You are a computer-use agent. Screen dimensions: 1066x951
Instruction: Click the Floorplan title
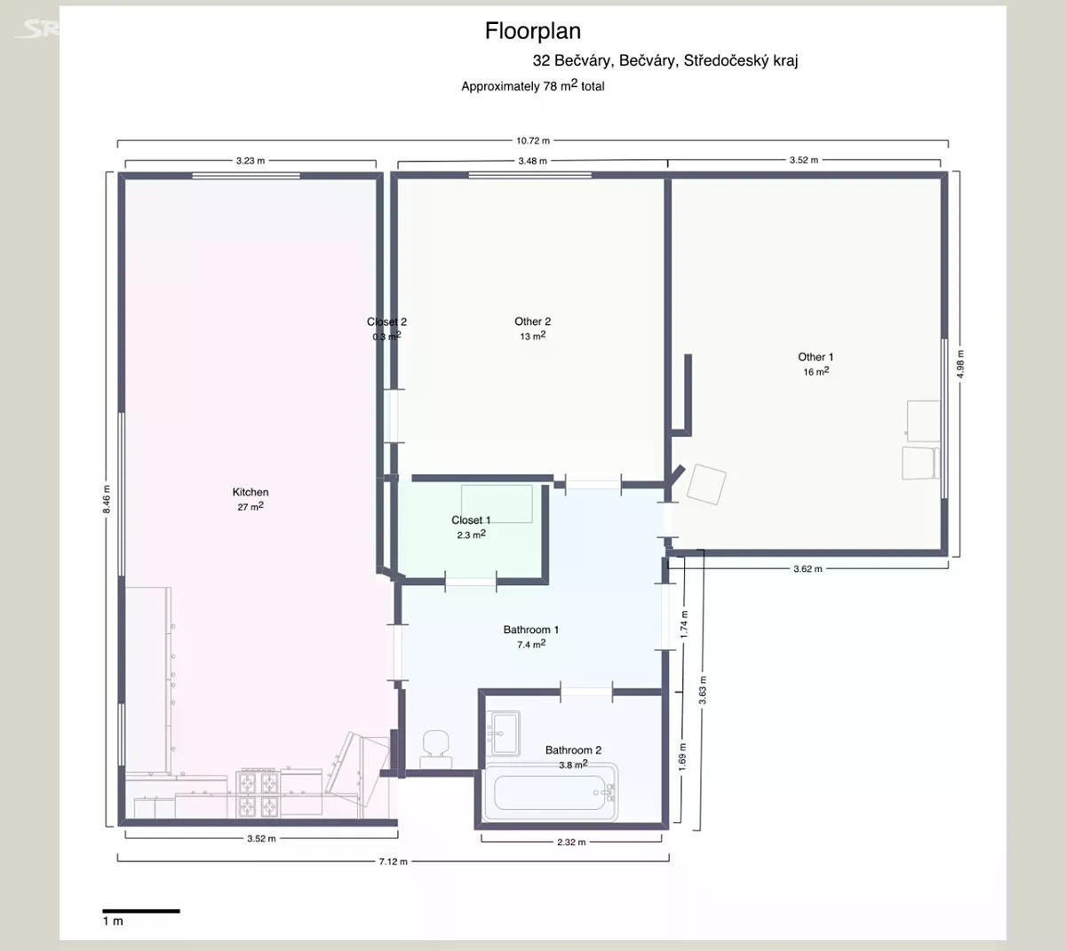[x=532, y=31]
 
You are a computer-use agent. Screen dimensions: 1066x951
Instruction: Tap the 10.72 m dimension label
[x=532, y=140]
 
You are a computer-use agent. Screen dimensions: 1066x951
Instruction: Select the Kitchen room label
[x=251, y=492]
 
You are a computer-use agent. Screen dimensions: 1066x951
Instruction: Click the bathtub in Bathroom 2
[x=551, y=793]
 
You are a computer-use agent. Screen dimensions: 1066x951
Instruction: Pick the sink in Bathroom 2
[x=503, y=733]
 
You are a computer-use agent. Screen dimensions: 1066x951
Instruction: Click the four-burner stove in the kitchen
[x=258, y=793]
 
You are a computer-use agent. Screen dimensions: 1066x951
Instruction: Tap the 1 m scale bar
[x=141, y=911]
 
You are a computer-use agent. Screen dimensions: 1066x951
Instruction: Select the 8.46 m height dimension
[x=107, y=499]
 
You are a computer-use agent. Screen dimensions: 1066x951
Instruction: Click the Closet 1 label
[x=471, y=519]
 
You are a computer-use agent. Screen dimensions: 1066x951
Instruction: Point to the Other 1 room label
[x=815, y=357]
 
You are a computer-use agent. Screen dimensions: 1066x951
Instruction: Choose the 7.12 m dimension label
[x=393, y=861]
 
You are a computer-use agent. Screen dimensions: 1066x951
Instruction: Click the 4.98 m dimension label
[x=960, y=364]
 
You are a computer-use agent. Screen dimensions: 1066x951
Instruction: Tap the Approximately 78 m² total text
[x=532, y=86]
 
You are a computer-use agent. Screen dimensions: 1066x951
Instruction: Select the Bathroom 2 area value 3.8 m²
[x=573, y=764]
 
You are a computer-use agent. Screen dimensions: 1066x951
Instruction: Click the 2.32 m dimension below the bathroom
[x=571, y=842]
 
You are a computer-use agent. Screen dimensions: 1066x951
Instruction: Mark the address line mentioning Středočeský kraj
[x=665, y=60]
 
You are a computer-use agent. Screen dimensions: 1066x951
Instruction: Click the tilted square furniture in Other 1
[x=706, y=485]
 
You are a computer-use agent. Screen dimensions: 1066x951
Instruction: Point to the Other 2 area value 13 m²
[x=532, y=336]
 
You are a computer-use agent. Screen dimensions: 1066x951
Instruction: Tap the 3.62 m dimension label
[x=807, y=568]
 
